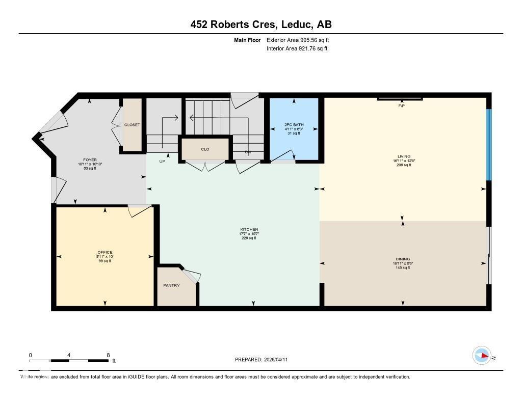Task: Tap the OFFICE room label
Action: (105, 253)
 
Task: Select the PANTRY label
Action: (171, 285)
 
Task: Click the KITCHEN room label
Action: (249, 230)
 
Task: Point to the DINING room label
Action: (403, 259)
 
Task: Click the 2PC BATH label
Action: (294, 125)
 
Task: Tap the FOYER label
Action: (90, 160)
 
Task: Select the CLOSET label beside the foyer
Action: (132, 125)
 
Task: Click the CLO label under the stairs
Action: (205, 149)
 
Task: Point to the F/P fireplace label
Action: (401, 106)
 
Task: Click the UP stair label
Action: (162, 161)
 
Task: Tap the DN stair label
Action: (248, 152)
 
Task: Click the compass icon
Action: (482, 355)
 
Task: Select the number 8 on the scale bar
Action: (108, 355)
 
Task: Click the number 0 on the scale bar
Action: (30, 355)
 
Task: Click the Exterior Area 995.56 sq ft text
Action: (301, 40)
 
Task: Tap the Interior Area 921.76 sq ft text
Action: (297, 49)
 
